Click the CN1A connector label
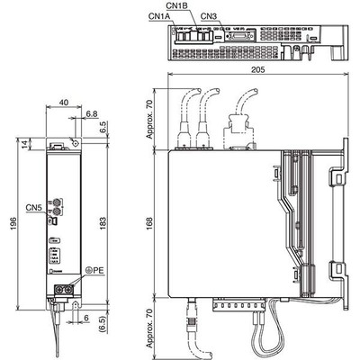tap(159, 17)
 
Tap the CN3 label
tap(209, 16)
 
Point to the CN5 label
tap(33, 207)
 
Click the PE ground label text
tap(98, 270)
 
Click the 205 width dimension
tap(258, 69)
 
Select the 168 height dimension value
tap(149, 222)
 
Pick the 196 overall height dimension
tap(13, 224)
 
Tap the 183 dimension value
tap(103, 223)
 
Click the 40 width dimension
tap(64, 103)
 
